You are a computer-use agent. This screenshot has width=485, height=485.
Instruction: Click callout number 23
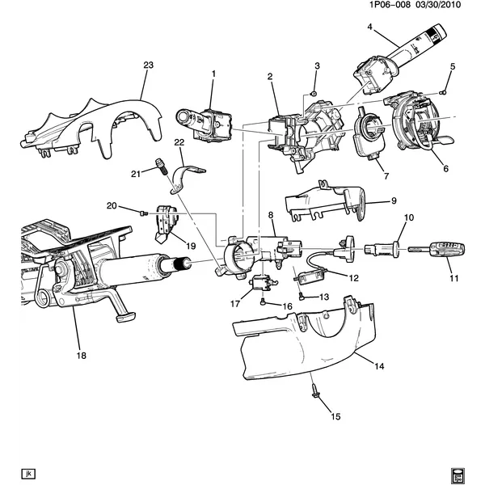pos(147,65)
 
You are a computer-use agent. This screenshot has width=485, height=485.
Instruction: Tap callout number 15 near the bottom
pos(335,416)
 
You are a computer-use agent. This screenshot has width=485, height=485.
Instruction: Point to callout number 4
pos(369,27)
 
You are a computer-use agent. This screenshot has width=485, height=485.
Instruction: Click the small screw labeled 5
pos(443,93)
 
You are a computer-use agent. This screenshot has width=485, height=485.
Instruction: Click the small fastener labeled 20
pos(142,213)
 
